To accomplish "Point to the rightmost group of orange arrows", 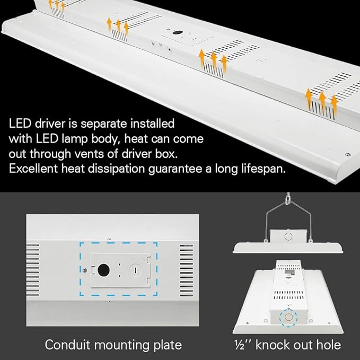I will pyautogui.click(x=322, y=99).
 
